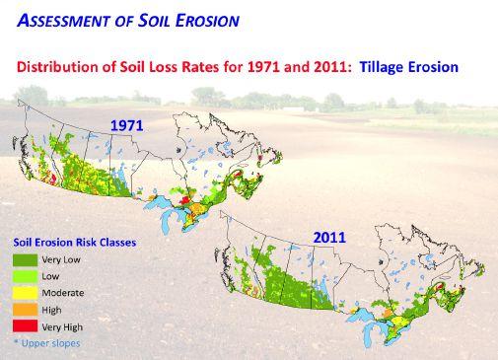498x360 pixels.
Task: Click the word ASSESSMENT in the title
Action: click(63, 21)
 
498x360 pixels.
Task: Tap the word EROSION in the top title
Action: click(207, 21)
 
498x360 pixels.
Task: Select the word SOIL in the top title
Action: click(154, 21)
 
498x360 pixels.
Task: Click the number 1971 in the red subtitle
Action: click(263, 67)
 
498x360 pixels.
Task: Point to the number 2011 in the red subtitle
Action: click(329, 67)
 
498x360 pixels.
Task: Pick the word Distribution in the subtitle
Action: click(57, 67)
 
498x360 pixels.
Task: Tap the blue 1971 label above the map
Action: click(127, 125)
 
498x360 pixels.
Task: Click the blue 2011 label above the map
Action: click(329, 238)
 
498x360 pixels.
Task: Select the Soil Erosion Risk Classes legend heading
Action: click(75, 243)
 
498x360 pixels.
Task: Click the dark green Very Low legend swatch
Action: click(26, 260)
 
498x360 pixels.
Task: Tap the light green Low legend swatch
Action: click(26, 276)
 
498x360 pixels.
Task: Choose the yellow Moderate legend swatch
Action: click(26, 293)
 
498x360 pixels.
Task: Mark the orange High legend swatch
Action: click(26, 310)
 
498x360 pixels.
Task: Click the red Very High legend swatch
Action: click(26, 326)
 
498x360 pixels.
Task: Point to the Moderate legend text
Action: click(63, 293)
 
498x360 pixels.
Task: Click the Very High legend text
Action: click(62, 327)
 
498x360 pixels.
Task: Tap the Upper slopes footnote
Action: click(47, 343)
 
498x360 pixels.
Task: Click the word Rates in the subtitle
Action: click(200, 67)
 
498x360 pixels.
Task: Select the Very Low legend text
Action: click(61, 260)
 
